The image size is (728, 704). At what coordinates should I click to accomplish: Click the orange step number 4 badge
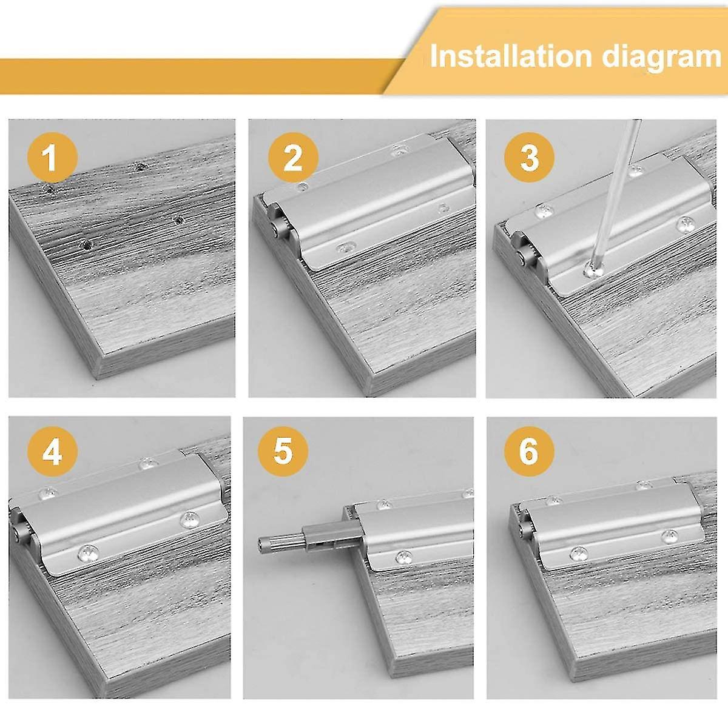pyautogui.click(x=52, y=451)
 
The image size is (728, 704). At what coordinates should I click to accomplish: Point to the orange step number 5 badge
pyautogui.click(x=283, y=451)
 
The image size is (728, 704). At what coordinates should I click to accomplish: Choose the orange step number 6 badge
pyautogui.click(x=529, y=451)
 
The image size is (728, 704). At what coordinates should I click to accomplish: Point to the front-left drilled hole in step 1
pyautogui.click(x=87, y=245)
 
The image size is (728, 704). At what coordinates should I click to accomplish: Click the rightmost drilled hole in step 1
pyautogui.click(x=179, y=220)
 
